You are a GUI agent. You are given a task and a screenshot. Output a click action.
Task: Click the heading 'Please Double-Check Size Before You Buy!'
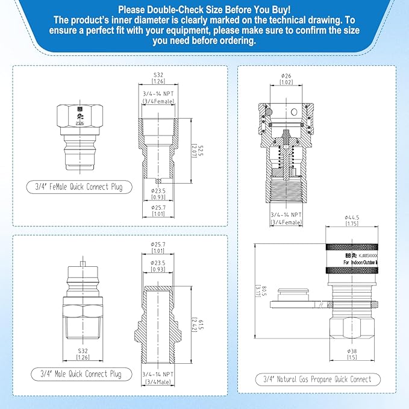204,9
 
